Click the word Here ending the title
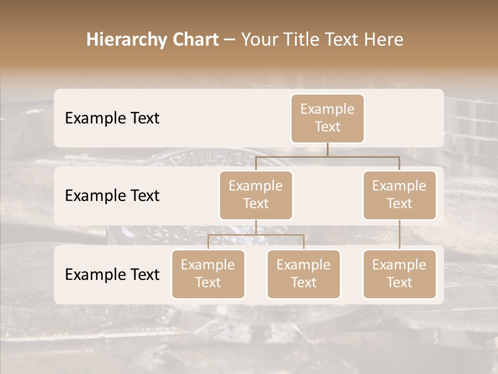pyautogui.click(x=384, y=40)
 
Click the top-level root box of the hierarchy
pyautogui.click(x=327, y=118)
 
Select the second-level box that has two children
pyautogui.click(x=256, y=195)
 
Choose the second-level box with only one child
pyautogui.click(x=399, y=195)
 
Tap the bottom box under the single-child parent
pyautogui.click(x=399, y=274)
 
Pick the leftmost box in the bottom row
pyautogui.click(x=208, y=274)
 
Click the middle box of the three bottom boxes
pyautogui.click(x=303, y=274)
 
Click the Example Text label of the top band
pyautogui.click(x=112, y=118)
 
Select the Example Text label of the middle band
pyautogui.click(x=112, y=196)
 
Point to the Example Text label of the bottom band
pyautogui.click(x=112, y=274)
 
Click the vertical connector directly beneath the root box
pyautogui.click(x=327, y=150)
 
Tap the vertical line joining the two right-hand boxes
pyautogui.click(x=399, y=235)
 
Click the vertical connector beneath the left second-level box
pyautogui.click(x=256, y=227)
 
